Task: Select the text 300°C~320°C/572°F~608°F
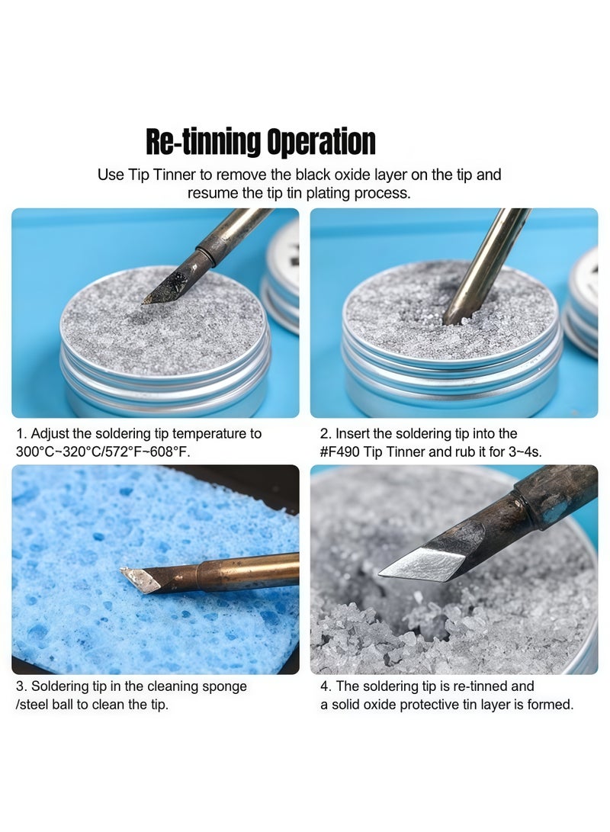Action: coord(103,451)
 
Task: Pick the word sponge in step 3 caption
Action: coord(224,686)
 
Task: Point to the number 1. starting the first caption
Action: coord(21,434)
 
